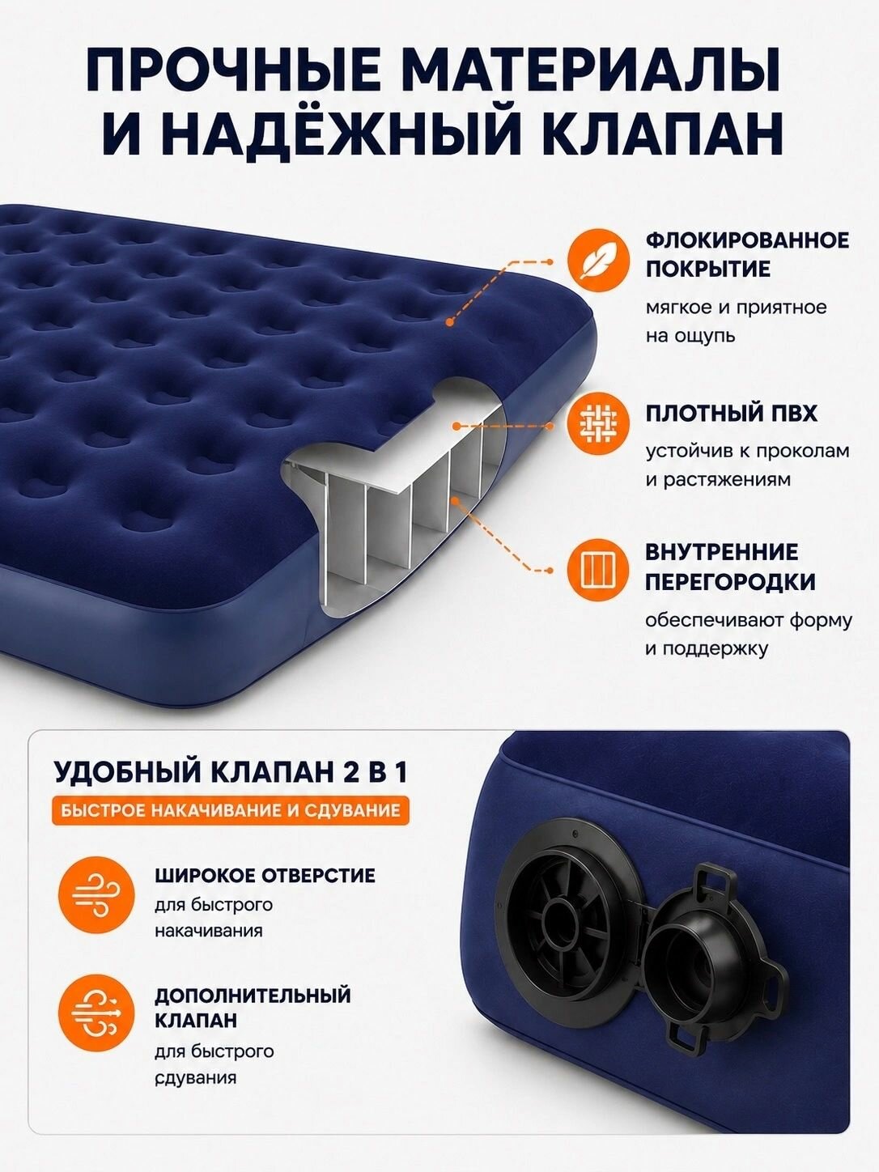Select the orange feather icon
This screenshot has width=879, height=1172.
[x=597, y=262]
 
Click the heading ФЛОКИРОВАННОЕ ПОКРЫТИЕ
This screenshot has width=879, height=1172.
[x=746, y=255]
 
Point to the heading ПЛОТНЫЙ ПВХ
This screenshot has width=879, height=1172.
[x=731, y=414]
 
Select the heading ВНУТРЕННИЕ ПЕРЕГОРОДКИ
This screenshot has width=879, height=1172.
[x=730, y=567]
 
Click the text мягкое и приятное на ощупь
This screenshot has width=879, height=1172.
[x=736, y=322]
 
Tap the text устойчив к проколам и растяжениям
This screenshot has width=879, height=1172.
[x=747, y=465]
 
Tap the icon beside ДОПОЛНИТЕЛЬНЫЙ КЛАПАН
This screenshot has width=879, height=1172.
[x=96, y=1013]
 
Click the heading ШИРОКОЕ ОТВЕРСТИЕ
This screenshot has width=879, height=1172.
[x=265, y=877]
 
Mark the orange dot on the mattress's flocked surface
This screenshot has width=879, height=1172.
[x=450, y=322]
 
